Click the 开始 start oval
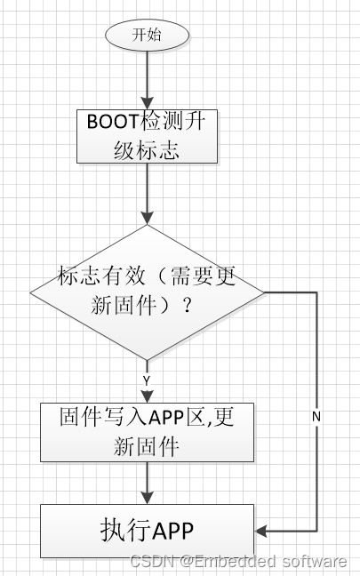pos(148,36)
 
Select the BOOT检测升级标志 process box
pos(147,136)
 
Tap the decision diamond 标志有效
pos(148,290)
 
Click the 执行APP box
pos(147,531)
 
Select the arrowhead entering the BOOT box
pos(148,104)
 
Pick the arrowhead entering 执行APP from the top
pos(148,498)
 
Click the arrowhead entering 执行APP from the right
pos(260,531)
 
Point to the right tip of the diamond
pos(263,290)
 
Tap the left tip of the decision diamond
pos(32,290)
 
